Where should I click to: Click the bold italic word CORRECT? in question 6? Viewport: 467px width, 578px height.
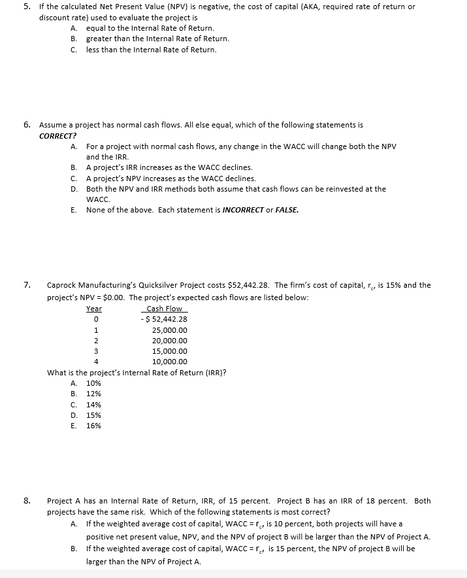55,135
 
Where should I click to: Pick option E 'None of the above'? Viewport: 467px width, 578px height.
192,210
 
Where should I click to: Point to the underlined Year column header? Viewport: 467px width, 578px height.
94,309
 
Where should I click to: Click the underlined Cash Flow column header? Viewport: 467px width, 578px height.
164,309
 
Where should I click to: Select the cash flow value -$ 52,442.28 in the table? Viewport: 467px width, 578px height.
165,319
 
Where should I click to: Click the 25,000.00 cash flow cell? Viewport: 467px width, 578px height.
169,330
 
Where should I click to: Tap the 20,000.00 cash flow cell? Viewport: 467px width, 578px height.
169,341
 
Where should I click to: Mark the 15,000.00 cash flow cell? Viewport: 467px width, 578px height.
169,351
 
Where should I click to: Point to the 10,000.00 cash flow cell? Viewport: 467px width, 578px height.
169,362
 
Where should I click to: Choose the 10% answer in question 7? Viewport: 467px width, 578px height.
93,383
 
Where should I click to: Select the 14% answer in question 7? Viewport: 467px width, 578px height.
93,404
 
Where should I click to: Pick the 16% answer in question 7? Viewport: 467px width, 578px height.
93,426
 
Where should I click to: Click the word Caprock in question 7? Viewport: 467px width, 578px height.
61,285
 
